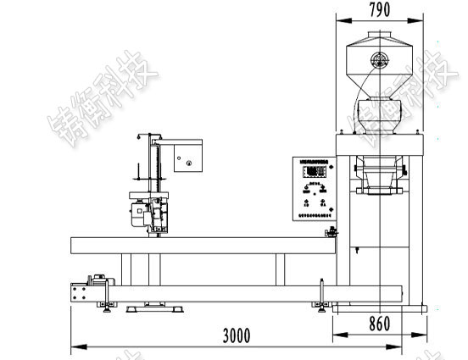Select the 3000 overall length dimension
237,335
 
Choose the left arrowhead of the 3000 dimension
74,346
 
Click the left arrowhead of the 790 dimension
338,19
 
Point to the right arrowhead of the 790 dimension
421,19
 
